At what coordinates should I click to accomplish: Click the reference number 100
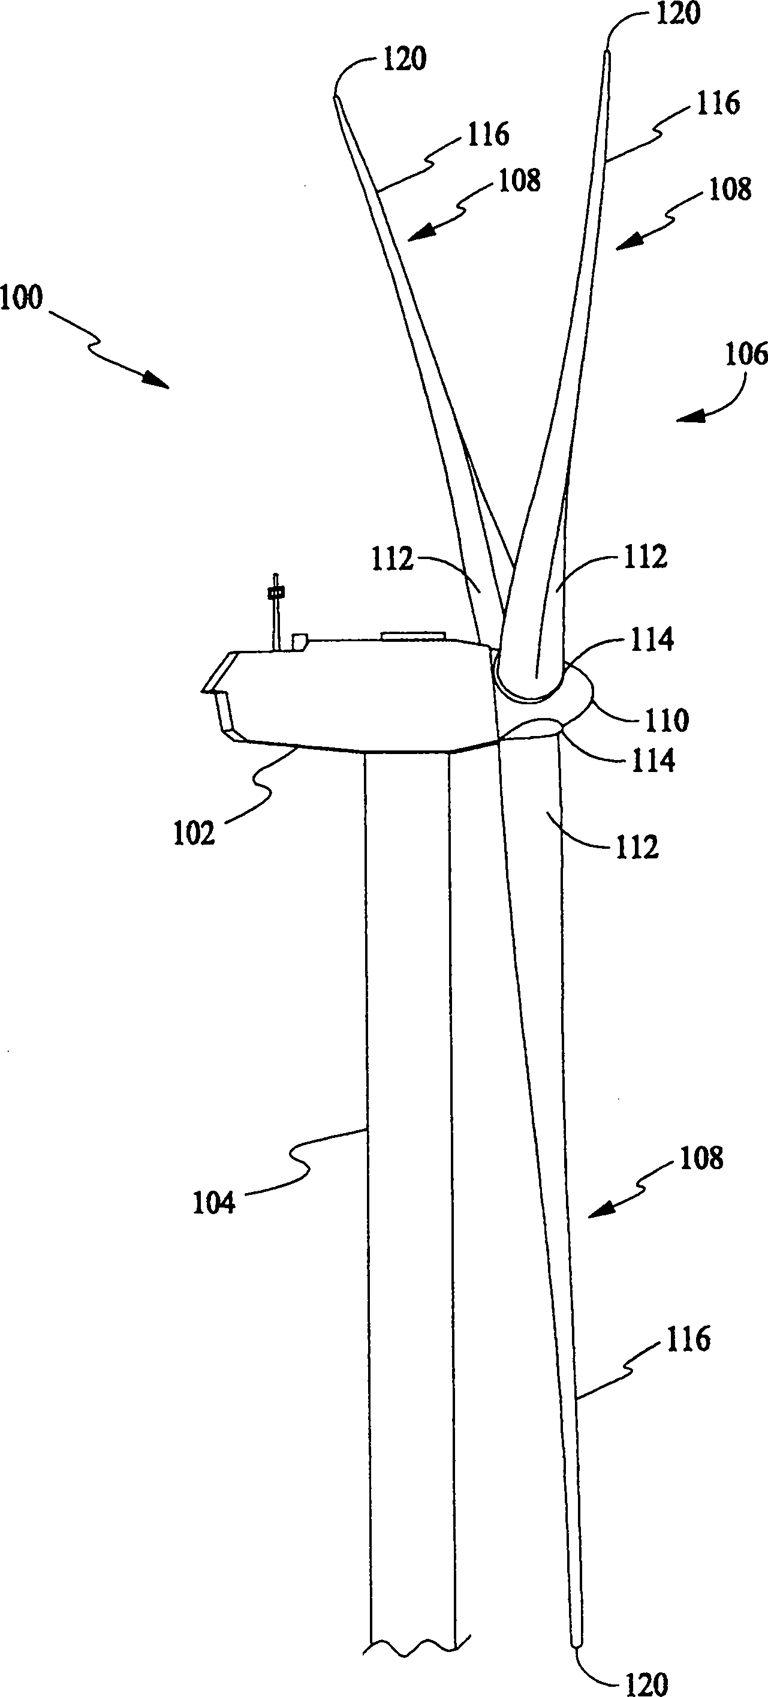(21, 298)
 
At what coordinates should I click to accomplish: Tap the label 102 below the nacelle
(194, 834)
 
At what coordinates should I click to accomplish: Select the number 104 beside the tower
(213, 1203)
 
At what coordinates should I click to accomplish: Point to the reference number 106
(746, 355)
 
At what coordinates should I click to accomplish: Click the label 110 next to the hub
(667, 720)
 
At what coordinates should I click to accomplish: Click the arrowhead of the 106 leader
(688, 416)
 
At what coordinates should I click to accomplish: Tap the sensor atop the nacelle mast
(275, 593)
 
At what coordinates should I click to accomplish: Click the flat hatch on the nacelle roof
(413, 636)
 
